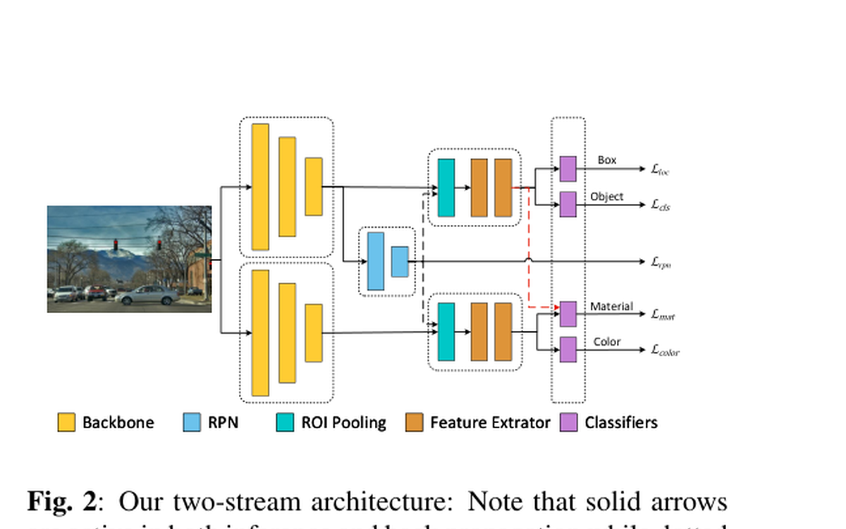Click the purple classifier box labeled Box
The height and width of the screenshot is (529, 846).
pyautogui.click(x=568, y=169)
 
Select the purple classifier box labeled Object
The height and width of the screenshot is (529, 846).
pyautogui.click(x=568, y=204)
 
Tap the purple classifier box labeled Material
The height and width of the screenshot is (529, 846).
pyautogui.click(x=568, y=314)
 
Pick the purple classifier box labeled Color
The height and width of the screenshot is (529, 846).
pyautogui.click(x=568, y=349)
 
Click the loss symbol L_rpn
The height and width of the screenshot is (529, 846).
pyautogui.click(x=661, y=262)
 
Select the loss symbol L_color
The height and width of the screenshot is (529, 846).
pyautogui.click(x=665, y=350)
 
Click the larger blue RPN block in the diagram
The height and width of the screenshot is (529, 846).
pyautogui.click(x=376, y=261)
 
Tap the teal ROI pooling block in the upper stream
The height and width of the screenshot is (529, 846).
pyautogui.click(x=446, y=188)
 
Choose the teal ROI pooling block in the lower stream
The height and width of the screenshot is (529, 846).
pyautogui.click(x=446, y=332)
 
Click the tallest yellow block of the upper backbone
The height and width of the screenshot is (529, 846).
pyautogui.click(x=260, y=187)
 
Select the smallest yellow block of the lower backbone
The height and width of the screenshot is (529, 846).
pyautogui.click(x=314, y=333)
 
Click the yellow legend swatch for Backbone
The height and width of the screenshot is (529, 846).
pyautogui.click(x=66, y=422)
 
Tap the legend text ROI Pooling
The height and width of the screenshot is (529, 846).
pyautogui.click(x=343, y=422)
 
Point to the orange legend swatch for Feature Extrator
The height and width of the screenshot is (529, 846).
pyautogui.click(x=415, y=422)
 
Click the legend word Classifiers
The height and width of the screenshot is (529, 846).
pyautogui.click(x=620, y=422)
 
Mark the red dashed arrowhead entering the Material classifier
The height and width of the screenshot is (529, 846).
pyautogui.click(x=554, y=308)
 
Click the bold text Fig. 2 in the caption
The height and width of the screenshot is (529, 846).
pyautogui.click(x=61, y=502)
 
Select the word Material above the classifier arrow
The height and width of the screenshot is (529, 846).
pyautogui.click(x=611, y=307)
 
